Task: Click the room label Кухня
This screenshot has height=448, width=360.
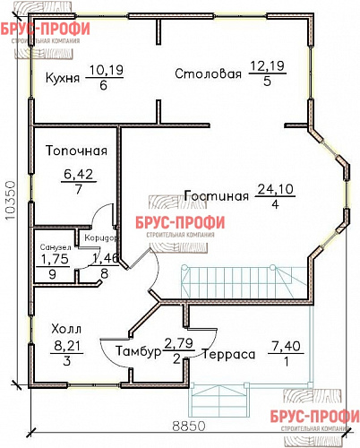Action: pyautogui.click(x=63, y=78)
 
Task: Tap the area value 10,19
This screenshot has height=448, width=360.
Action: pyautogui.click(x=104, y=68)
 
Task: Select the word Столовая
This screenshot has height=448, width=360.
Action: pyautogui.click(x=208, y=74)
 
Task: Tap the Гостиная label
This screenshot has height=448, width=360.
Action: pyautogui.click(x=215, y=195)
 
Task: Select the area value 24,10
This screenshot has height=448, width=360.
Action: pyautogui.click(x=275, y=188)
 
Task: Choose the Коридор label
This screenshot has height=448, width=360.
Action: pyautogui.click(x=96, y=237)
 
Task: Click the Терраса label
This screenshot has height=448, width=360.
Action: pyautogui.click(x=228, y=355)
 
